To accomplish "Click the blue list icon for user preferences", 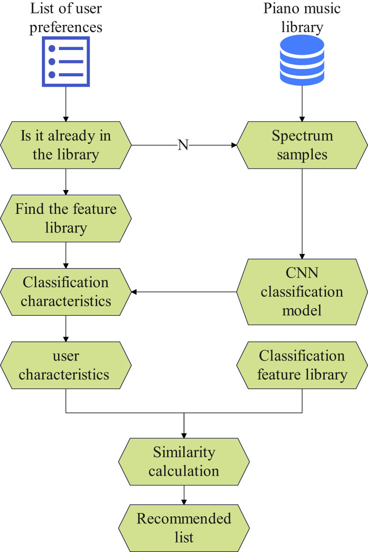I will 66,61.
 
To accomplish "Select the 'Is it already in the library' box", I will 66,145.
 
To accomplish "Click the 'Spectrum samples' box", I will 302,145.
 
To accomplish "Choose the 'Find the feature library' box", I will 66,218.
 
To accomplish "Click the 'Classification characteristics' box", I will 66,291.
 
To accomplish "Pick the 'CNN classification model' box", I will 302,291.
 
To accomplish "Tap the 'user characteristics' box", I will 66,365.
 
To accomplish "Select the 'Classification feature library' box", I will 302,365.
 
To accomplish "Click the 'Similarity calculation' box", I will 184,462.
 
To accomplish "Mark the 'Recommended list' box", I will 184,527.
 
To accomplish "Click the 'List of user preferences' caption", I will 66,18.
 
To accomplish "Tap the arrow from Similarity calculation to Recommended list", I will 184,494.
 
